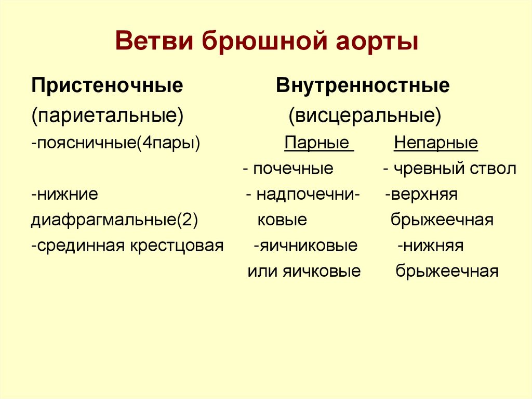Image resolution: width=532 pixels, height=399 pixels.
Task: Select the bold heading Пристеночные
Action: pos(107,85)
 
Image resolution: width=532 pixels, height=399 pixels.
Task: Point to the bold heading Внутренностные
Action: pos(363,85)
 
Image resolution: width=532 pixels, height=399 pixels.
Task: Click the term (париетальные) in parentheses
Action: pos(107,115)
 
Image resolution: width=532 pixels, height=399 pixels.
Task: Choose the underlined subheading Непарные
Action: pos(436,143)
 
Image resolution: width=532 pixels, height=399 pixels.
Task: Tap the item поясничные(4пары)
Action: pos(115,143)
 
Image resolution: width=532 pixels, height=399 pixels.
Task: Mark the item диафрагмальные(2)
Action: pos(114,220)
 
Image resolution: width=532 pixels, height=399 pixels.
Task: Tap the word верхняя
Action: pos(424,195)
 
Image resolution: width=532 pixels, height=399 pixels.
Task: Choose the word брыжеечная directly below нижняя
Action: pos(447,271)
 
